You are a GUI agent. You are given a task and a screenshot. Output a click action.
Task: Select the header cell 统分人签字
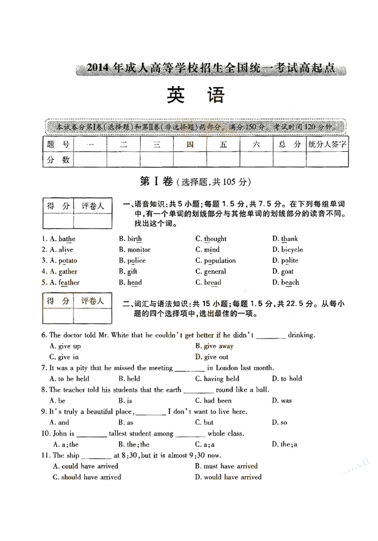(x=327, y=144)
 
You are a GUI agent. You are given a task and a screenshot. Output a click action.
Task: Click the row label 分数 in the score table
(x=58, y=160)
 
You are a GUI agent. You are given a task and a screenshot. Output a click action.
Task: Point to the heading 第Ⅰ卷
(x=156, y=181)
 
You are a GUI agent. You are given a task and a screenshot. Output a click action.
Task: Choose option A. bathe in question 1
(x=62, y=239)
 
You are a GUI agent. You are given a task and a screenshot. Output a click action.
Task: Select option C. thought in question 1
(x=211, y=239)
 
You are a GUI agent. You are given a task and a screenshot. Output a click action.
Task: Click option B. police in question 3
(x=132, y=260)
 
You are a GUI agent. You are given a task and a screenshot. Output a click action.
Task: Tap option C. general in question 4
(x=211, y=272)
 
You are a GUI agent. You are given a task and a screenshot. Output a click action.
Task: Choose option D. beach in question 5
(x=285, y=283)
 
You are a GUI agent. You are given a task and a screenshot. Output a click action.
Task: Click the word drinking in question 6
(x=301, y=335)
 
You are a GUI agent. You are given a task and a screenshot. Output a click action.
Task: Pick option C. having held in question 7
(x=217, y=378)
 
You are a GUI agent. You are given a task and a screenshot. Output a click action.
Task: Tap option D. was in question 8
(x=282, y=401)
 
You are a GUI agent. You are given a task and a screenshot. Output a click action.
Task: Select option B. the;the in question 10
(x=134, y=444)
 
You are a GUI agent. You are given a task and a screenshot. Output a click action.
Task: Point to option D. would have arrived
(x=228, y=477)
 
